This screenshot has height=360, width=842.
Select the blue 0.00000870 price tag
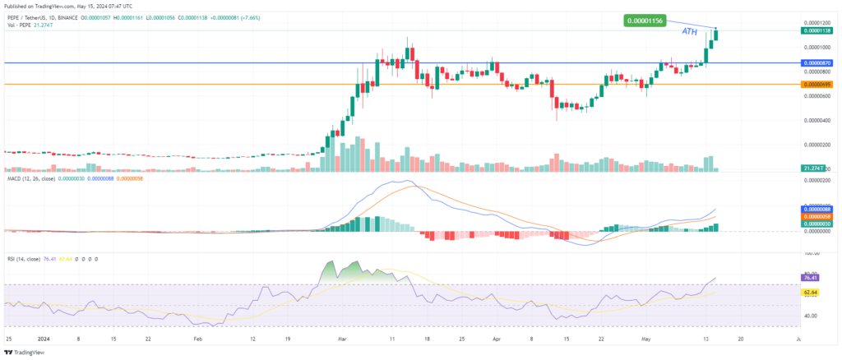[x=817, y=62]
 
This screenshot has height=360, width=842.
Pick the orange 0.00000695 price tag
[x=817, y=84]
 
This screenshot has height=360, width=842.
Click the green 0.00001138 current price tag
[x=817, y=30]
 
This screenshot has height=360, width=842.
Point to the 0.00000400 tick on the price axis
[x=817, y=120]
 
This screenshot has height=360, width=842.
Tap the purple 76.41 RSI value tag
[x=812, y=279]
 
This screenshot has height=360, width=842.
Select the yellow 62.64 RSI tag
[x=812, y=292]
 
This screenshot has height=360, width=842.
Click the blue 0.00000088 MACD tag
[x=817, y=210]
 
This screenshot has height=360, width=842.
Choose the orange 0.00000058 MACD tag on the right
[x=817, y=216]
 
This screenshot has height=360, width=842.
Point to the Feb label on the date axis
[x=196, y=338]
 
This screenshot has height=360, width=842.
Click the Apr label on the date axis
[x=496, y=338]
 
